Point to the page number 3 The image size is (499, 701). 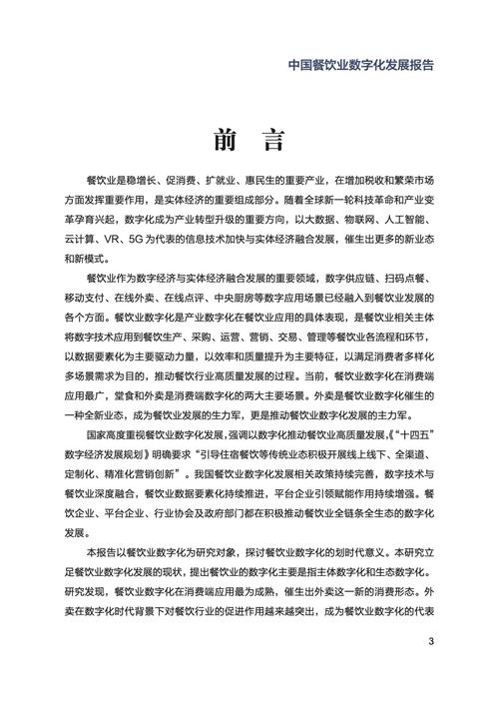tap(430, 641)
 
